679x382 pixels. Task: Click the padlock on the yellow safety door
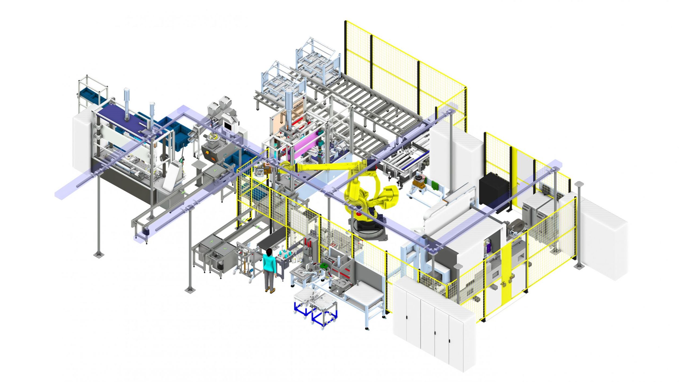coord(511,277)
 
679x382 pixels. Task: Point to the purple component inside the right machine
coord(488,247)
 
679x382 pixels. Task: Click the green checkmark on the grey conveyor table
coord(225,249)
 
